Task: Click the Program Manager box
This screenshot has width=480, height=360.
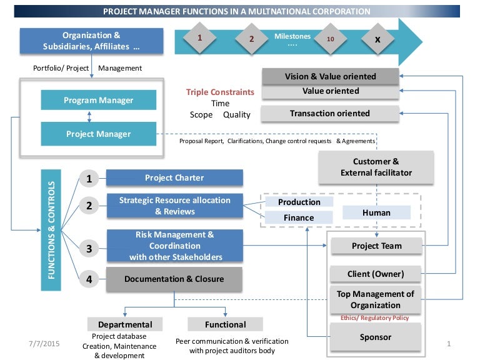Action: pos(98,101)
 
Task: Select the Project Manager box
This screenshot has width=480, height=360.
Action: pos(98,134)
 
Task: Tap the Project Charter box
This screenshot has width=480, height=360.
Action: pos(174,177)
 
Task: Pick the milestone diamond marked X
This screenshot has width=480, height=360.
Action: pos(377,39)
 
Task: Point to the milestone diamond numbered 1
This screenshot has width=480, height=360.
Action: pos(199,38)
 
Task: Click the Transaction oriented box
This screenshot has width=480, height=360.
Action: pos(329,114)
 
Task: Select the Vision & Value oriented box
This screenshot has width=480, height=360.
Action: pos(330,76)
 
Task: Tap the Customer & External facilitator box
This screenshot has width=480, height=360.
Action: pos(376,167)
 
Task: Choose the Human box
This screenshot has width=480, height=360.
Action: pos(376,212)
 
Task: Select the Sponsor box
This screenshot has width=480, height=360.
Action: pos(376,337)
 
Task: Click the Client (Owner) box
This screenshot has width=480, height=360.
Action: pos(376,274)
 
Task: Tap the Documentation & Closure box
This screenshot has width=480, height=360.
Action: pos(174,279)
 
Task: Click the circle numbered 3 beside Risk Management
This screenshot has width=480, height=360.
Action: pos(89,249)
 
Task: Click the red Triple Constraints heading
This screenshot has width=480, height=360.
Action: pos(220,92)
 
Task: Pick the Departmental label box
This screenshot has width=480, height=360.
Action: pos(125,324)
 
